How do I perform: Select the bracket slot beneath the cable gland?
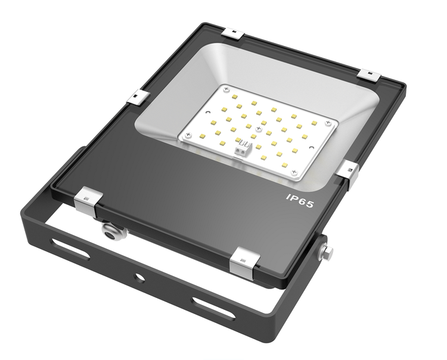click(x=70, y=248)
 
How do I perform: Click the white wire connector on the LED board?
click(x=243, y=150)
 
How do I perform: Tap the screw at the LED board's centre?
click(x=257, y=129)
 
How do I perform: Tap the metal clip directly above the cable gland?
click(x=88, y=200)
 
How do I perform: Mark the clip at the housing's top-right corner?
click(x=368, y=75)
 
